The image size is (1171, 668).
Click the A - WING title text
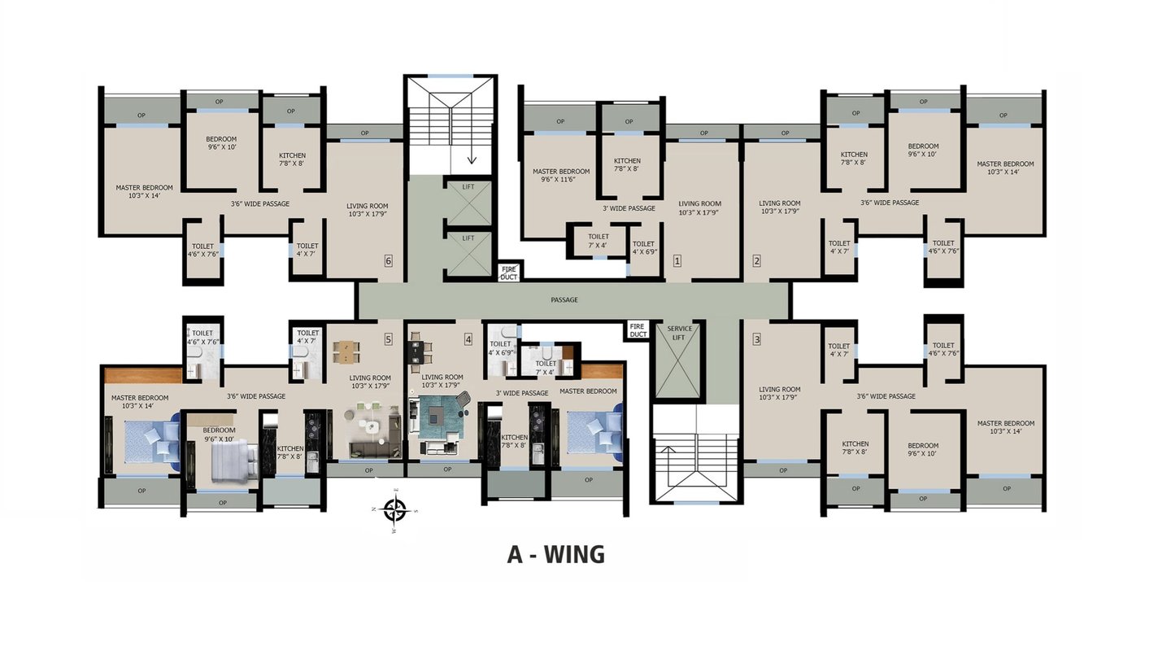[x=555, y=554]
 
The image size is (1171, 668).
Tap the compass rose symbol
[x=394, y=510]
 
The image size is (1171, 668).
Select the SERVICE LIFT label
[x=679, y=333]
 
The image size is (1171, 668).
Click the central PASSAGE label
[x=564, y=299]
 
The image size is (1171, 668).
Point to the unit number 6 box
[x=388, y=260]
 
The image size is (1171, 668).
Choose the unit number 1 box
[x=677, y=260]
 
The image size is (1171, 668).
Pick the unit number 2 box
[x=756, y=260]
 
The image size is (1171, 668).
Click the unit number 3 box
[x=756, y=339]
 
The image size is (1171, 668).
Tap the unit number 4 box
[x=468, y=339]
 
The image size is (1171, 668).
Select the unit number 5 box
[x=388, y=339]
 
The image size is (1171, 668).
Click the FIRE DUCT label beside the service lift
[x=638, y=330]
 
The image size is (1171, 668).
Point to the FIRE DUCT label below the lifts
[x=509, y=273]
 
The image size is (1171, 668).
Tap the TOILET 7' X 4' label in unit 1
[x=598, y=241]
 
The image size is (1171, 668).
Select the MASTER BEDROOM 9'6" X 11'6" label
[x=561, y=175]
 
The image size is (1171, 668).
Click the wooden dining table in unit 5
[x=346, y=351]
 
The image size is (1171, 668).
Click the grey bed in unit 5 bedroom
[x=233, y=461]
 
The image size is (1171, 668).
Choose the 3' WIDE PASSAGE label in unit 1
[x=629, y=208]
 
